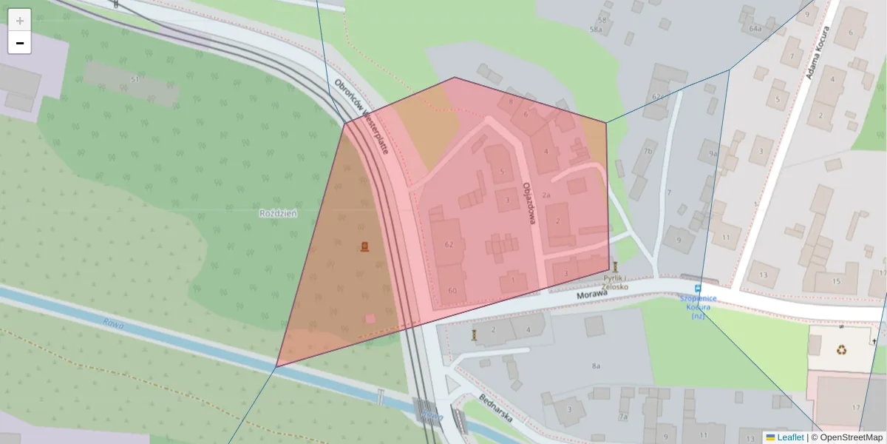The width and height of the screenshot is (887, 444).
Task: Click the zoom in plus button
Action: point(20,21)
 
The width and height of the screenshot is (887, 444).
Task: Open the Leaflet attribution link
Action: point(789,437)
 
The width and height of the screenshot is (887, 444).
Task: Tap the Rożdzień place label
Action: point(278,213)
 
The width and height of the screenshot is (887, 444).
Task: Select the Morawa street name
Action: point(592,294)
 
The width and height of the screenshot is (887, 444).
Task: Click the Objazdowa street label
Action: point(529,203)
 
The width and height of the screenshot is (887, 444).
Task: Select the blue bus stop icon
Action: point(697,288)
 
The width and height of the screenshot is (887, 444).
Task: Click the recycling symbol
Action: point(842,349)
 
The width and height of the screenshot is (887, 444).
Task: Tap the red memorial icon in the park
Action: point(364,246)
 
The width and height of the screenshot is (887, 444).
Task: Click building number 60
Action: point(452,290)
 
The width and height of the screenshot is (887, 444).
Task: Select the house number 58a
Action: point(595,29)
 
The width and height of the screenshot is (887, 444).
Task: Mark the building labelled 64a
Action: point(755,29)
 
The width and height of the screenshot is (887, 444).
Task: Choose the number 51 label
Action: point(135,79)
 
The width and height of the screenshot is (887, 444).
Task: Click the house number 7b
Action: point(648,152)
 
